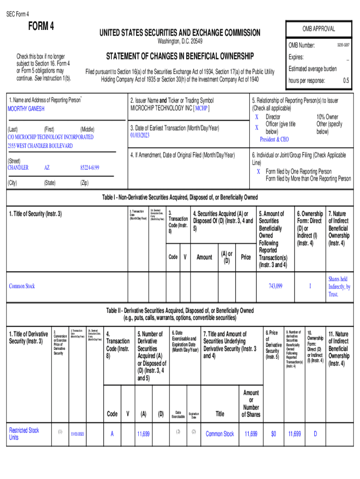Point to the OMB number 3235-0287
343,45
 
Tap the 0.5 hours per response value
346,80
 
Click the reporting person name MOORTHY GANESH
26,109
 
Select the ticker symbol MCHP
202,109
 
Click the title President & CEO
274,139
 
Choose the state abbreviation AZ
47,167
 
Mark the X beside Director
256,117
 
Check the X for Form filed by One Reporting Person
259,172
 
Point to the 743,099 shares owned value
275,286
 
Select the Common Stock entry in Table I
22,286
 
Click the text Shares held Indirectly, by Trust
339,286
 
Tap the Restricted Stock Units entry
24,434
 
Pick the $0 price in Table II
274,434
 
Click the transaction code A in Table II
112,434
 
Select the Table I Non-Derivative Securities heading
180,197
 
